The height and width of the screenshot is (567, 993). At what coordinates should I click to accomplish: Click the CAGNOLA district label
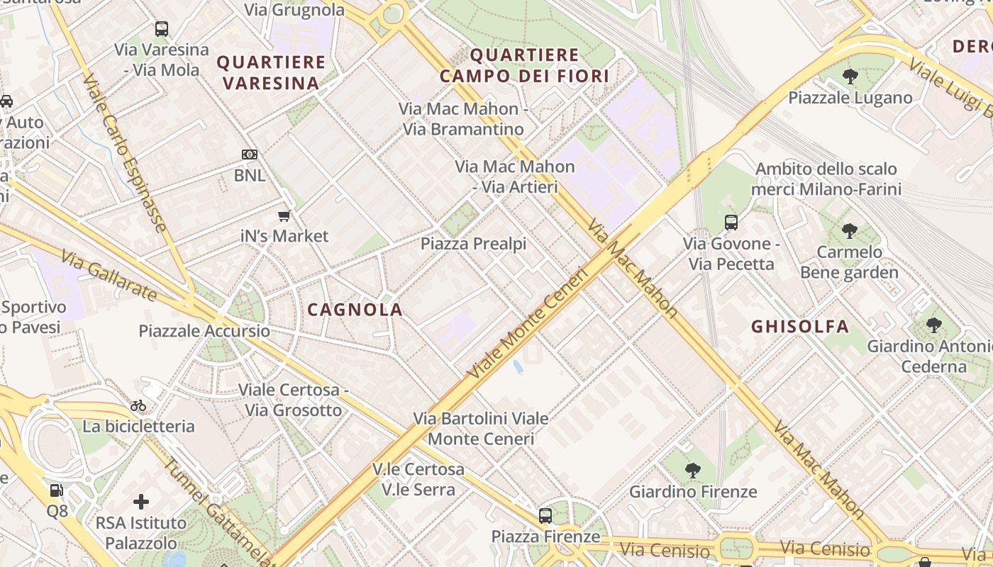point(355,310)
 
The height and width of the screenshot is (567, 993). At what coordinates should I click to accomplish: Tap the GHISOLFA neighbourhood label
point(799,327)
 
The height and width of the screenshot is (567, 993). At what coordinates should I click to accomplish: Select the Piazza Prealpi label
point(473,244)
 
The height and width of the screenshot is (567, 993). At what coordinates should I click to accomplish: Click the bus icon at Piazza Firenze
point(545,516)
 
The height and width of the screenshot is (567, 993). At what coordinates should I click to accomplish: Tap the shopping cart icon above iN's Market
point(284,215)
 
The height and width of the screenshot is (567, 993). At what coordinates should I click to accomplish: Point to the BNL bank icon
point(249,155)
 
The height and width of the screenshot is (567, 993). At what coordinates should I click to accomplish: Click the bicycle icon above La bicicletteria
point(138,405)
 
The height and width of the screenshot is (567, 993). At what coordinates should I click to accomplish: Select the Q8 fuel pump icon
point(56,490)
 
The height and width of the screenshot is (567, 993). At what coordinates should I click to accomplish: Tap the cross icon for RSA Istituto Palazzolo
point(141,502)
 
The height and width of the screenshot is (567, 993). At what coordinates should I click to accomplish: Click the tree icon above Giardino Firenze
point(692,470)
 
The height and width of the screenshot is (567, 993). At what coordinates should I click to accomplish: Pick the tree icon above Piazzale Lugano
point(850,77)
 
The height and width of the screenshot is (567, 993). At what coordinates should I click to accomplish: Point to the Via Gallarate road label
point(108,275)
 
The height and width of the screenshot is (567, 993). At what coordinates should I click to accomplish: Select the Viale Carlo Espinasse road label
point(125,152)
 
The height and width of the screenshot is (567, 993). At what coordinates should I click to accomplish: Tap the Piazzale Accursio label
point(204,331)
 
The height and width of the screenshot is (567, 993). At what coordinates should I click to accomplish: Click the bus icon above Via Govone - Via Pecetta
point(731,223)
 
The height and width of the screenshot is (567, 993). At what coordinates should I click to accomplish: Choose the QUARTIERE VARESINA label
point(271,72)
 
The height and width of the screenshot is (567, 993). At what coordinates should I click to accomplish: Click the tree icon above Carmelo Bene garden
point(849,231)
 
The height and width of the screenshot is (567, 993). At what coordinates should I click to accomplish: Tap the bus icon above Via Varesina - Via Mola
point(162,29)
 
